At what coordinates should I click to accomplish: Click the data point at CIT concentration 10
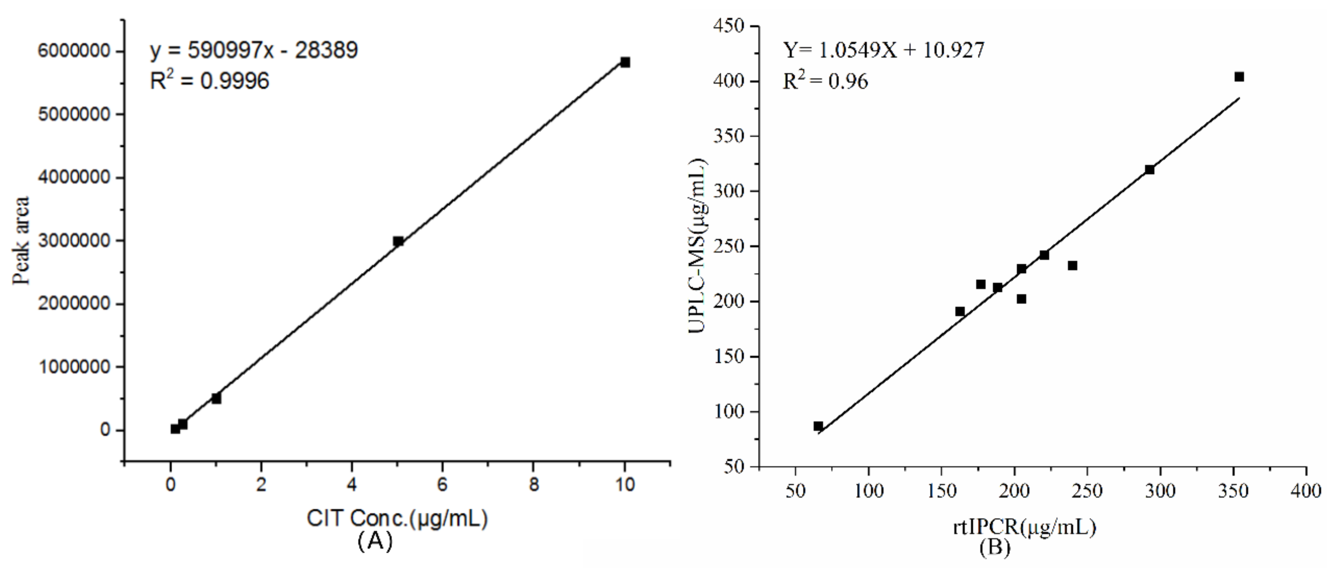click(625, 62)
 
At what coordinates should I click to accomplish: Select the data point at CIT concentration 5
click(398, 241)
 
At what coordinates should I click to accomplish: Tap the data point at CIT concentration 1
click(216, 398)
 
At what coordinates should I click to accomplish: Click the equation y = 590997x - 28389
click(254, 50)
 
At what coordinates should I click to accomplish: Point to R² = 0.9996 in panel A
click(209, 81)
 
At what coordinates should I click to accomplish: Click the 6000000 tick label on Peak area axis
click(74, 51)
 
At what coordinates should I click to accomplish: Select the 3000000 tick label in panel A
click(74, 241)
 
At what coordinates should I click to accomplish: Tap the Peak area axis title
click(21, 241)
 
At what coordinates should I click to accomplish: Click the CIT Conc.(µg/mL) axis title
click(397, 518)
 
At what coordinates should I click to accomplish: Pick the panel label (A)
click(375, 541)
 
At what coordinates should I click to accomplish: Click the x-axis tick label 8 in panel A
click(534, 485)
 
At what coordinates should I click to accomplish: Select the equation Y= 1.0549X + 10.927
click(884, 50)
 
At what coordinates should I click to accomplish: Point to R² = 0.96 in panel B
click(825, 81)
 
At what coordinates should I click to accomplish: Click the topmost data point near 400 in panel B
click(1238, 76)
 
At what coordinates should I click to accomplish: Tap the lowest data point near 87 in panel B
click(818, 426)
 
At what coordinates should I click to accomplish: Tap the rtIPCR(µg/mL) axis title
click(1024, 527)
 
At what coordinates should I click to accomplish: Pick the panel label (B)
click(994, 547)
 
